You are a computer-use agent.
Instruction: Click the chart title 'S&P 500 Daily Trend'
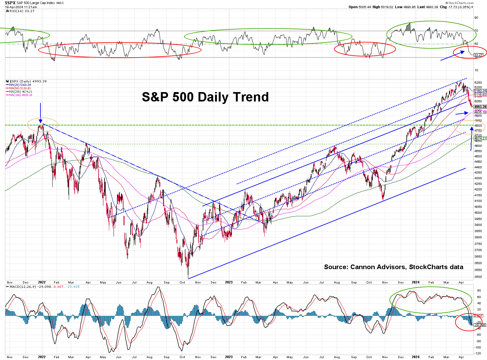(205, 97)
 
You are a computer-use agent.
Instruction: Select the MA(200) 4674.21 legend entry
(21, 92)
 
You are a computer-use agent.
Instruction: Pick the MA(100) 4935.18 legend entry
(21, 95)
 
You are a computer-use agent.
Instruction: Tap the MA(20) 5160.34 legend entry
(20, 85)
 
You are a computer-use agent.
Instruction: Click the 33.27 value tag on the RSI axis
(478, 55)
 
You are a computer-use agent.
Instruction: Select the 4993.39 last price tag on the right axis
(480, 107)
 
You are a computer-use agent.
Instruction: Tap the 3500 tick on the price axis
(478, 277)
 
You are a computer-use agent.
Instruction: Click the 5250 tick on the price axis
(478, 82)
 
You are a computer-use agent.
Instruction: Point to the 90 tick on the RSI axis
(476, 18)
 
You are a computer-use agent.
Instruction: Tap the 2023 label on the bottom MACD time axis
(229, 357)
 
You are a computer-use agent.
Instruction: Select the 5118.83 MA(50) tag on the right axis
(480, 95)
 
